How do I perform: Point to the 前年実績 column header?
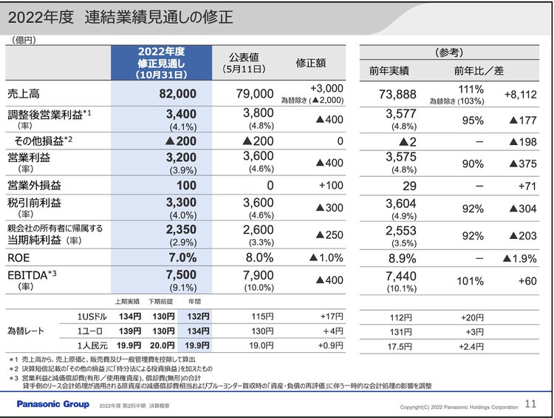pos(394,71)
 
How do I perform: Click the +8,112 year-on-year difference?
pos(521,94)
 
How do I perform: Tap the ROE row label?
pos(19,258)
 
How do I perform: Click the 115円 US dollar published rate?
pos(257,317)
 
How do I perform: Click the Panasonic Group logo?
pos(53,404)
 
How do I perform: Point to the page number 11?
pos(530,404)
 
